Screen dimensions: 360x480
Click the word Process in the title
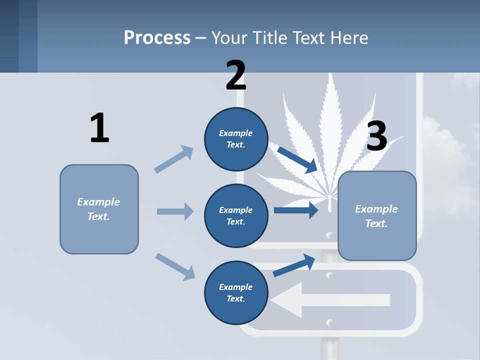pos(157,37)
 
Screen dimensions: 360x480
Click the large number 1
pos(99,128)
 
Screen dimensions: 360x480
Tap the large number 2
pos(236,75)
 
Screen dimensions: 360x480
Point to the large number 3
pos(377,136)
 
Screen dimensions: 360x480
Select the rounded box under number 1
pos(99,209)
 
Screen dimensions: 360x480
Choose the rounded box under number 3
pos(377,216)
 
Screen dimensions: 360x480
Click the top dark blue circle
pos(236,139)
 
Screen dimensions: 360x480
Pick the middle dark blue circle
pos(236,216)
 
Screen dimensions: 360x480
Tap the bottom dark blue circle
pos(236,293)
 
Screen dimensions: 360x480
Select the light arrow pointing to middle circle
pos(175,211)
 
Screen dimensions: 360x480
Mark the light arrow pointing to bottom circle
pos(175,266)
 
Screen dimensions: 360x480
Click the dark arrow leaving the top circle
pos(298,159)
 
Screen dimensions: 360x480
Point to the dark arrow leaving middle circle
pos(296,210)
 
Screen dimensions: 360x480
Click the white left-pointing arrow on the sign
pos(330,300)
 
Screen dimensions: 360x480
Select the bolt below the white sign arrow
pos(329,321)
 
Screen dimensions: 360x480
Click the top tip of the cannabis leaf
pos(330,76)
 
